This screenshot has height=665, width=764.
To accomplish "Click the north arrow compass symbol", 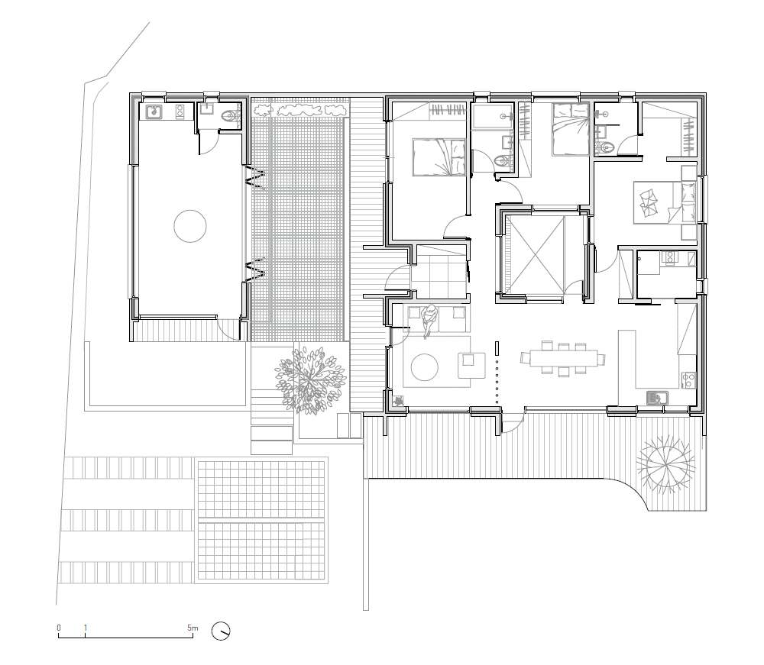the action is pos(221,631).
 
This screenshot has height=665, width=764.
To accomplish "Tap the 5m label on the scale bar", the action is pos(193,628).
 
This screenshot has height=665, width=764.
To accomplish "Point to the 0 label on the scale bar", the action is pos(59,628).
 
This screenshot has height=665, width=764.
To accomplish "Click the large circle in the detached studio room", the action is pos(190,226).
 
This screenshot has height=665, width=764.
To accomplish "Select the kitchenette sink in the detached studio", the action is pos(154,111).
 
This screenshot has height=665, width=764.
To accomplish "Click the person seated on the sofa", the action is pos(429,319).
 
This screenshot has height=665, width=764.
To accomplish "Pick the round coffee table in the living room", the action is pos(424,366).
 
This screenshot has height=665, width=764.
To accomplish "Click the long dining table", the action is pos(563,359).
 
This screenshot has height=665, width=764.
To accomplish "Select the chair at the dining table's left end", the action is pos(524,359).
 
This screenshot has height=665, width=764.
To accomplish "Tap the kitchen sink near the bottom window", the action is pos(657,398).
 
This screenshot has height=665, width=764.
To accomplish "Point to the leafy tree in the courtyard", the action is pos(309,378).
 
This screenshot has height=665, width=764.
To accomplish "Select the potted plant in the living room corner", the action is pos(399,401).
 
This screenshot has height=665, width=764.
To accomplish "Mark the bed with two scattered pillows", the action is pos(665,202).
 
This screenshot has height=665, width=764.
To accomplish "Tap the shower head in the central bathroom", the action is pos(509,117).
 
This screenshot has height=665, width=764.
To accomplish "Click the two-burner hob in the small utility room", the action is pos(668,258).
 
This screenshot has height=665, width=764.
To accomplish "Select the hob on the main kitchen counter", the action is pos(689,379).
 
